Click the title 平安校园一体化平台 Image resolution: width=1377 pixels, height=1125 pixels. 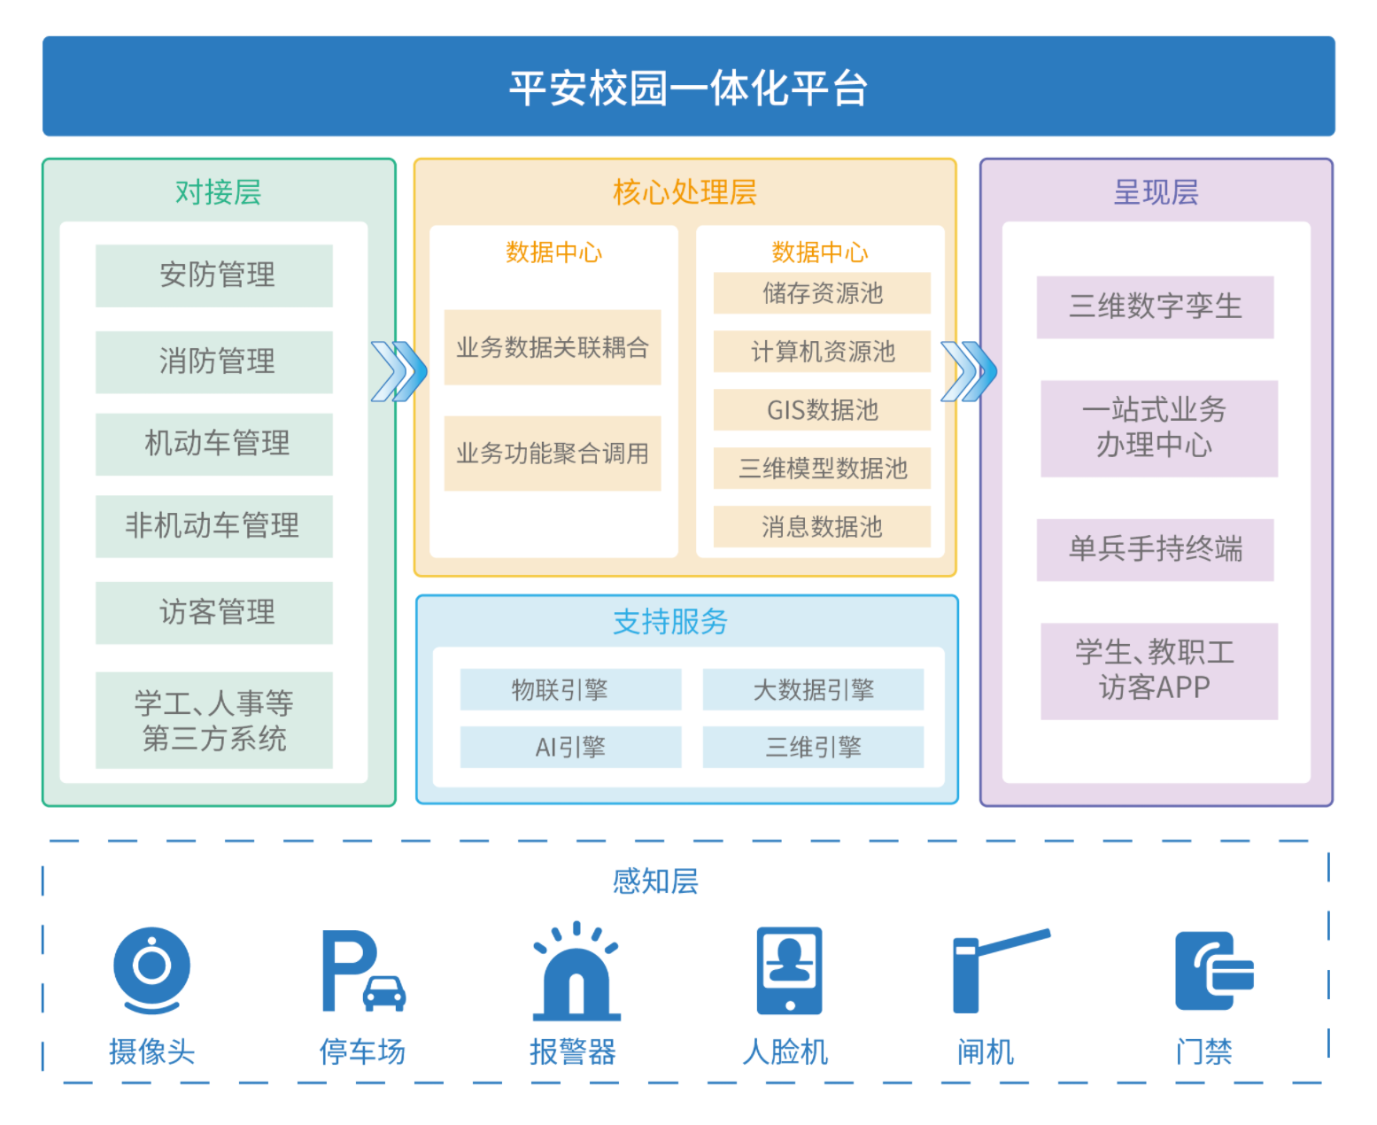(x=688, y=87)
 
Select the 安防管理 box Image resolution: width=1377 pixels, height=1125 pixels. (x=214, y=275)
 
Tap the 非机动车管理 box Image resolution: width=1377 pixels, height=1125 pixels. (x=214, y=526)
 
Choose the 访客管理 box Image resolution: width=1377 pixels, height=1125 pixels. (x=214, y=612)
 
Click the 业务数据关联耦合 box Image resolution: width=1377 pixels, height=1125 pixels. (x=553, y=347)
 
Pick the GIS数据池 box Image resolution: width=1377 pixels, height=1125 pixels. (x=822, y=409)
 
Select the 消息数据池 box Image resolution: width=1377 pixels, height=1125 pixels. (x=822, y=527)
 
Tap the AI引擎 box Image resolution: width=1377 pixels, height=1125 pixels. (x=570, y=747)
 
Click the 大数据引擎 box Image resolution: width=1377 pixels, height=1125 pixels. (x=813, y=689)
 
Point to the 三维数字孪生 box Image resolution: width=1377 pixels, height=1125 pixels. (x=1155, y=306)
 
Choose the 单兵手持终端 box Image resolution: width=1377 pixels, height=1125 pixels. (x=1155, y=549)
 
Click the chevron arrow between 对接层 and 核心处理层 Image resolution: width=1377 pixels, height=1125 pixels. (x=398, y=371)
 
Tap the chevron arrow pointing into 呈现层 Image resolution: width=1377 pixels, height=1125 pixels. (x=968, y=371)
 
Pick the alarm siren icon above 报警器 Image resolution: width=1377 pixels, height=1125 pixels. (x=576, y=971)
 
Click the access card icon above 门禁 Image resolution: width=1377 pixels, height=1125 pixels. (x=1213, y=971)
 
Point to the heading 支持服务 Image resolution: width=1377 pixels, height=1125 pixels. (x=670, y=622)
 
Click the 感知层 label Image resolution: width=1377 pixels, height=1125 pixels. (x=655, y=881)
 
